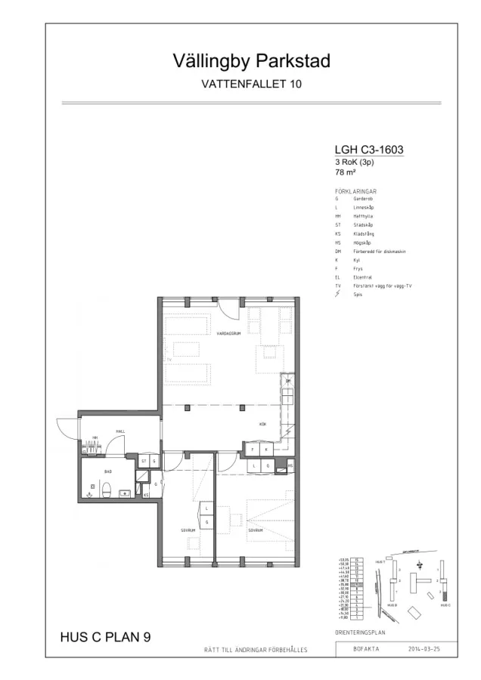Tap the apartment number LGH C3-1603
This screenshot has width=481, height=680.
pos(368,150)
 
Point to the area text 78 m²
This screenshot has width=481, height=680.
pos(345,172)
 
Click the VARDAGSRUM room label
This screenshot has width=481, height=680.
pos(228,333)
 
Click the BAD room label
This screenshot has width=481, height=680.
pos(97,470)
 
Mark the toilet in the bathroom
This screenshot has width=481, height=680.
pos(108,490)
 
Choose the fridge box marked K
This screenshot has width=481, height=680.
pos(265,450)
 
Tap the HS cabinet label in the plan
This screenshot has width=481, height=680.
pos(290,466)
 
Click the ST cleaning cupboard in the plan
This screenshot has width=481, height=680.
pos(143,460)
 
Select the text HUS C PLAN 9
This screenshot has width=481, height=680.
pos(105,638)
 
